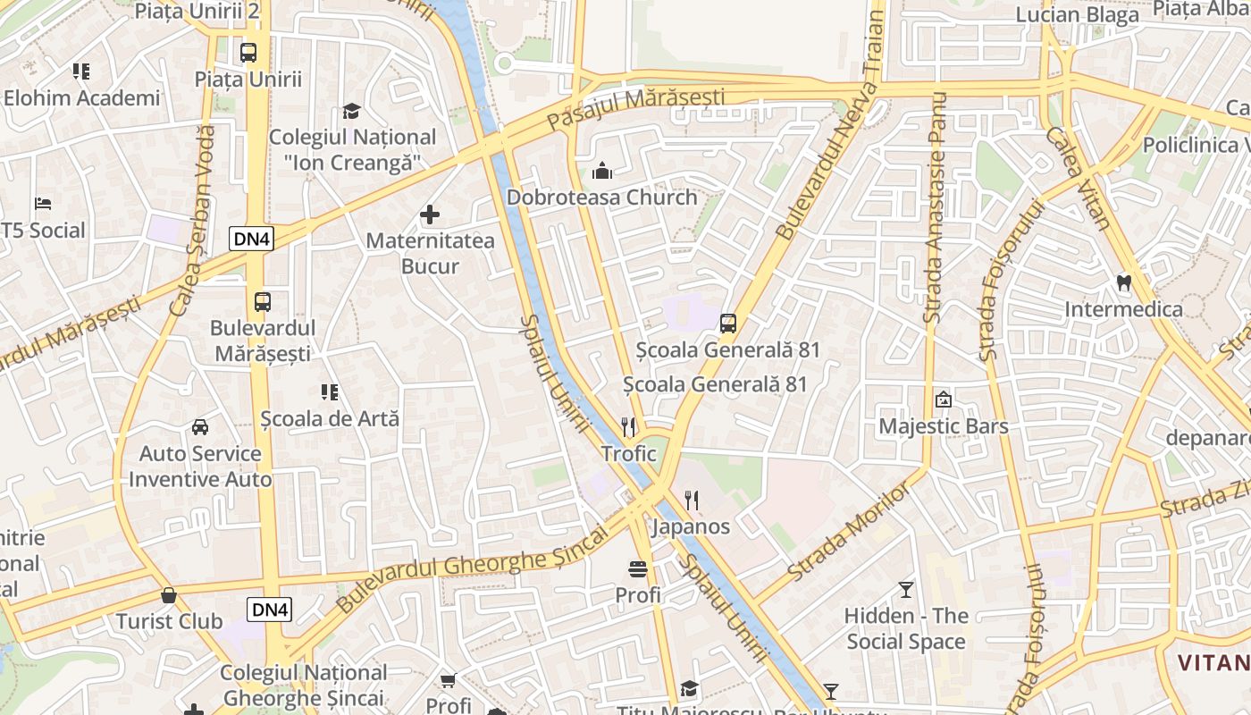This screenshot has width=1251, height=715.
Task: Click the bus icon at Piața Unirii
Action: pyautogui.click(x=248, y=52)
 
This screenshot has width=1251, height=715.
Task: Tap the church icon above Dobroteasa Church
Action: pyautogui.click(x=602, y=170)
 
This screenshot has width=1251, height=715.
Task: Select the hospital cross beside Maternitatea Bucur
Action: pyautogui.click(x=430, y=214)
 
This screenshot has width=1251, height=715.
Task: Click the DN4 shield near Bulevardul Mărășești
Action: pyautogui.click(x=251, y=239)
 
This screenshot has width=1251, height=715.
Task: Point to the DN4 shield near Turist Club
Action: pyautogui.click(x=270, y=610)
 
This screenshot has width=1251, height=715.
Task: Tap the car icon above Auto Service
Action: pyautogui.click(x=200, y=426)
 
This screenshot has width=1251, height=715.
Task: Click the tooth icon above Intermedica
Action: pyautogui.click(x=1124, y=282)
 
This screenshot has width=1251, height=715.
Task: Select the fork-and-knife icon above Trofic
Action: pyautogui.click(x=628, y=426)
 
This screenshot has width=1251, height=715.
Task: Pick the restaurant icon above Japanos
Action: pyautogui.click(x=691, y=500)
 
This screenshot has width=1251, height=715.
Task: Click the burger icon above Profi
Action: pyautogui.click(x=638, y=568)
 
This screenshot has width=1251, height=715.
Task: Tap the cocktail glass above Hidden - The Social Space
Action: pyautogui.click(x=906, y=589)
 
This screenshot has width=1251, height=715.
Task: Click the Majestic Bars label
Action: pyautogui.click(x=944, y=426)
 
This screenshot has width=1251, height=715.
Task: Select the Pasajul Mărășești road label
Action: pyautogui.click(x=635, y=107)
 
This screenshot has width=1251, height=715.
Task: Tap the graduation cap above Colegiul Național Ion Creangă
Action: pyautogui.click(x=352, y=111)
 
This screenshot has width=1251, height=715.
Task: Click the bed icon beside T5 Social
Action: pyautogui.click(x=42, y=204)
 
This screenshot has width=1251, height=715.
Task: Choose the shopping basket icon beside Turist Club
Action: pyautogui.click(x=169, y=594)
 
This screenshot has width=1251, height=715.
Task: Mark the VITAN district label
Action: pyautogui.click(x=1213, y=663)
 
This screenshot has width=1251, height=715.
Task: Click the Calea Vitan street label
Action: pyautogui.click(x=1078, y=179)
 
